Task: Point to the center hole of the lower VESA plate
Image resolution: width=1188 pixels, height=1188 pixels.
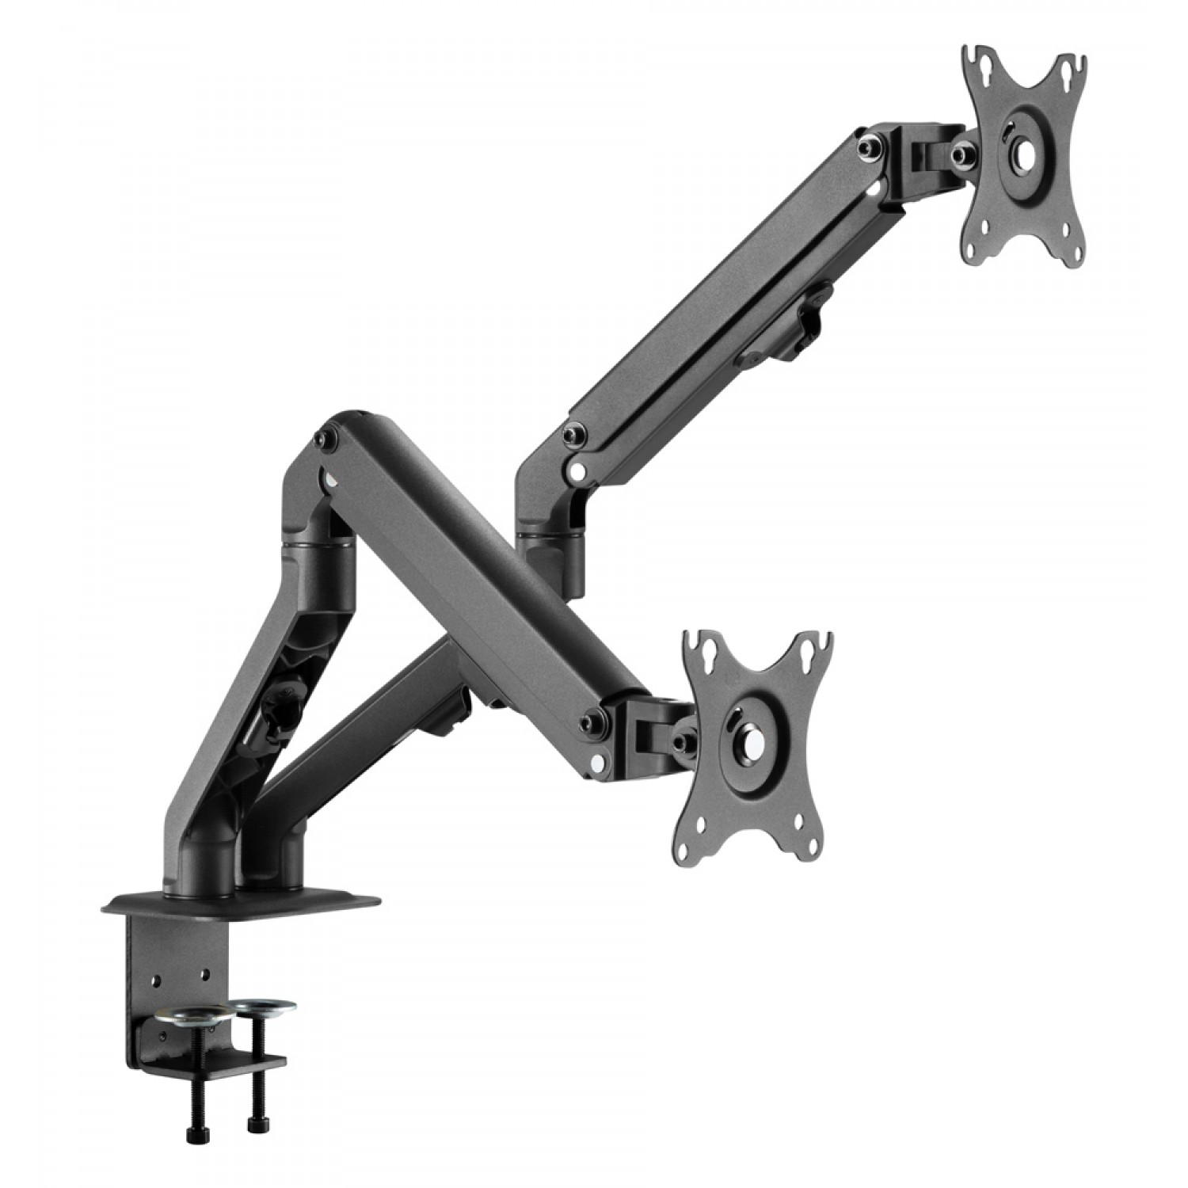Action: [748, 733]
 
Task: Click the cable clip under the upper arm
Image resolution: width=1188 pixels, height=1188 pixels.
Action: [808, 321]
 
